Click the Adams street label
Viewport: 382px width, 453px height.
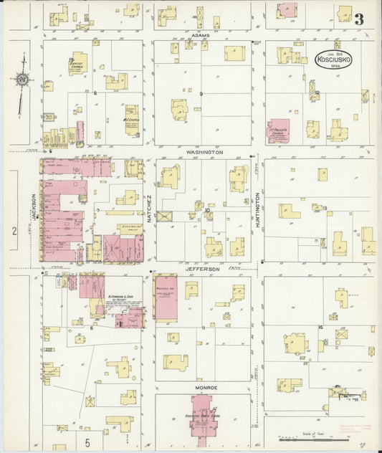[200, 33]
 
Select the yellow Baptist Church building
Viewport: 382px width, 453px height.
[78, 64]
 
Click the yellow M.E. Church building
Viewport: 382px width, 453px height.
[132, 118]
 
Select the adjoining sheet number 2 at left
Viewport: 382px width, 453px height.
[14, 231]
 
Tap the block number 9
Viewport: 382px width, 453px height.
[202, 94]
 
